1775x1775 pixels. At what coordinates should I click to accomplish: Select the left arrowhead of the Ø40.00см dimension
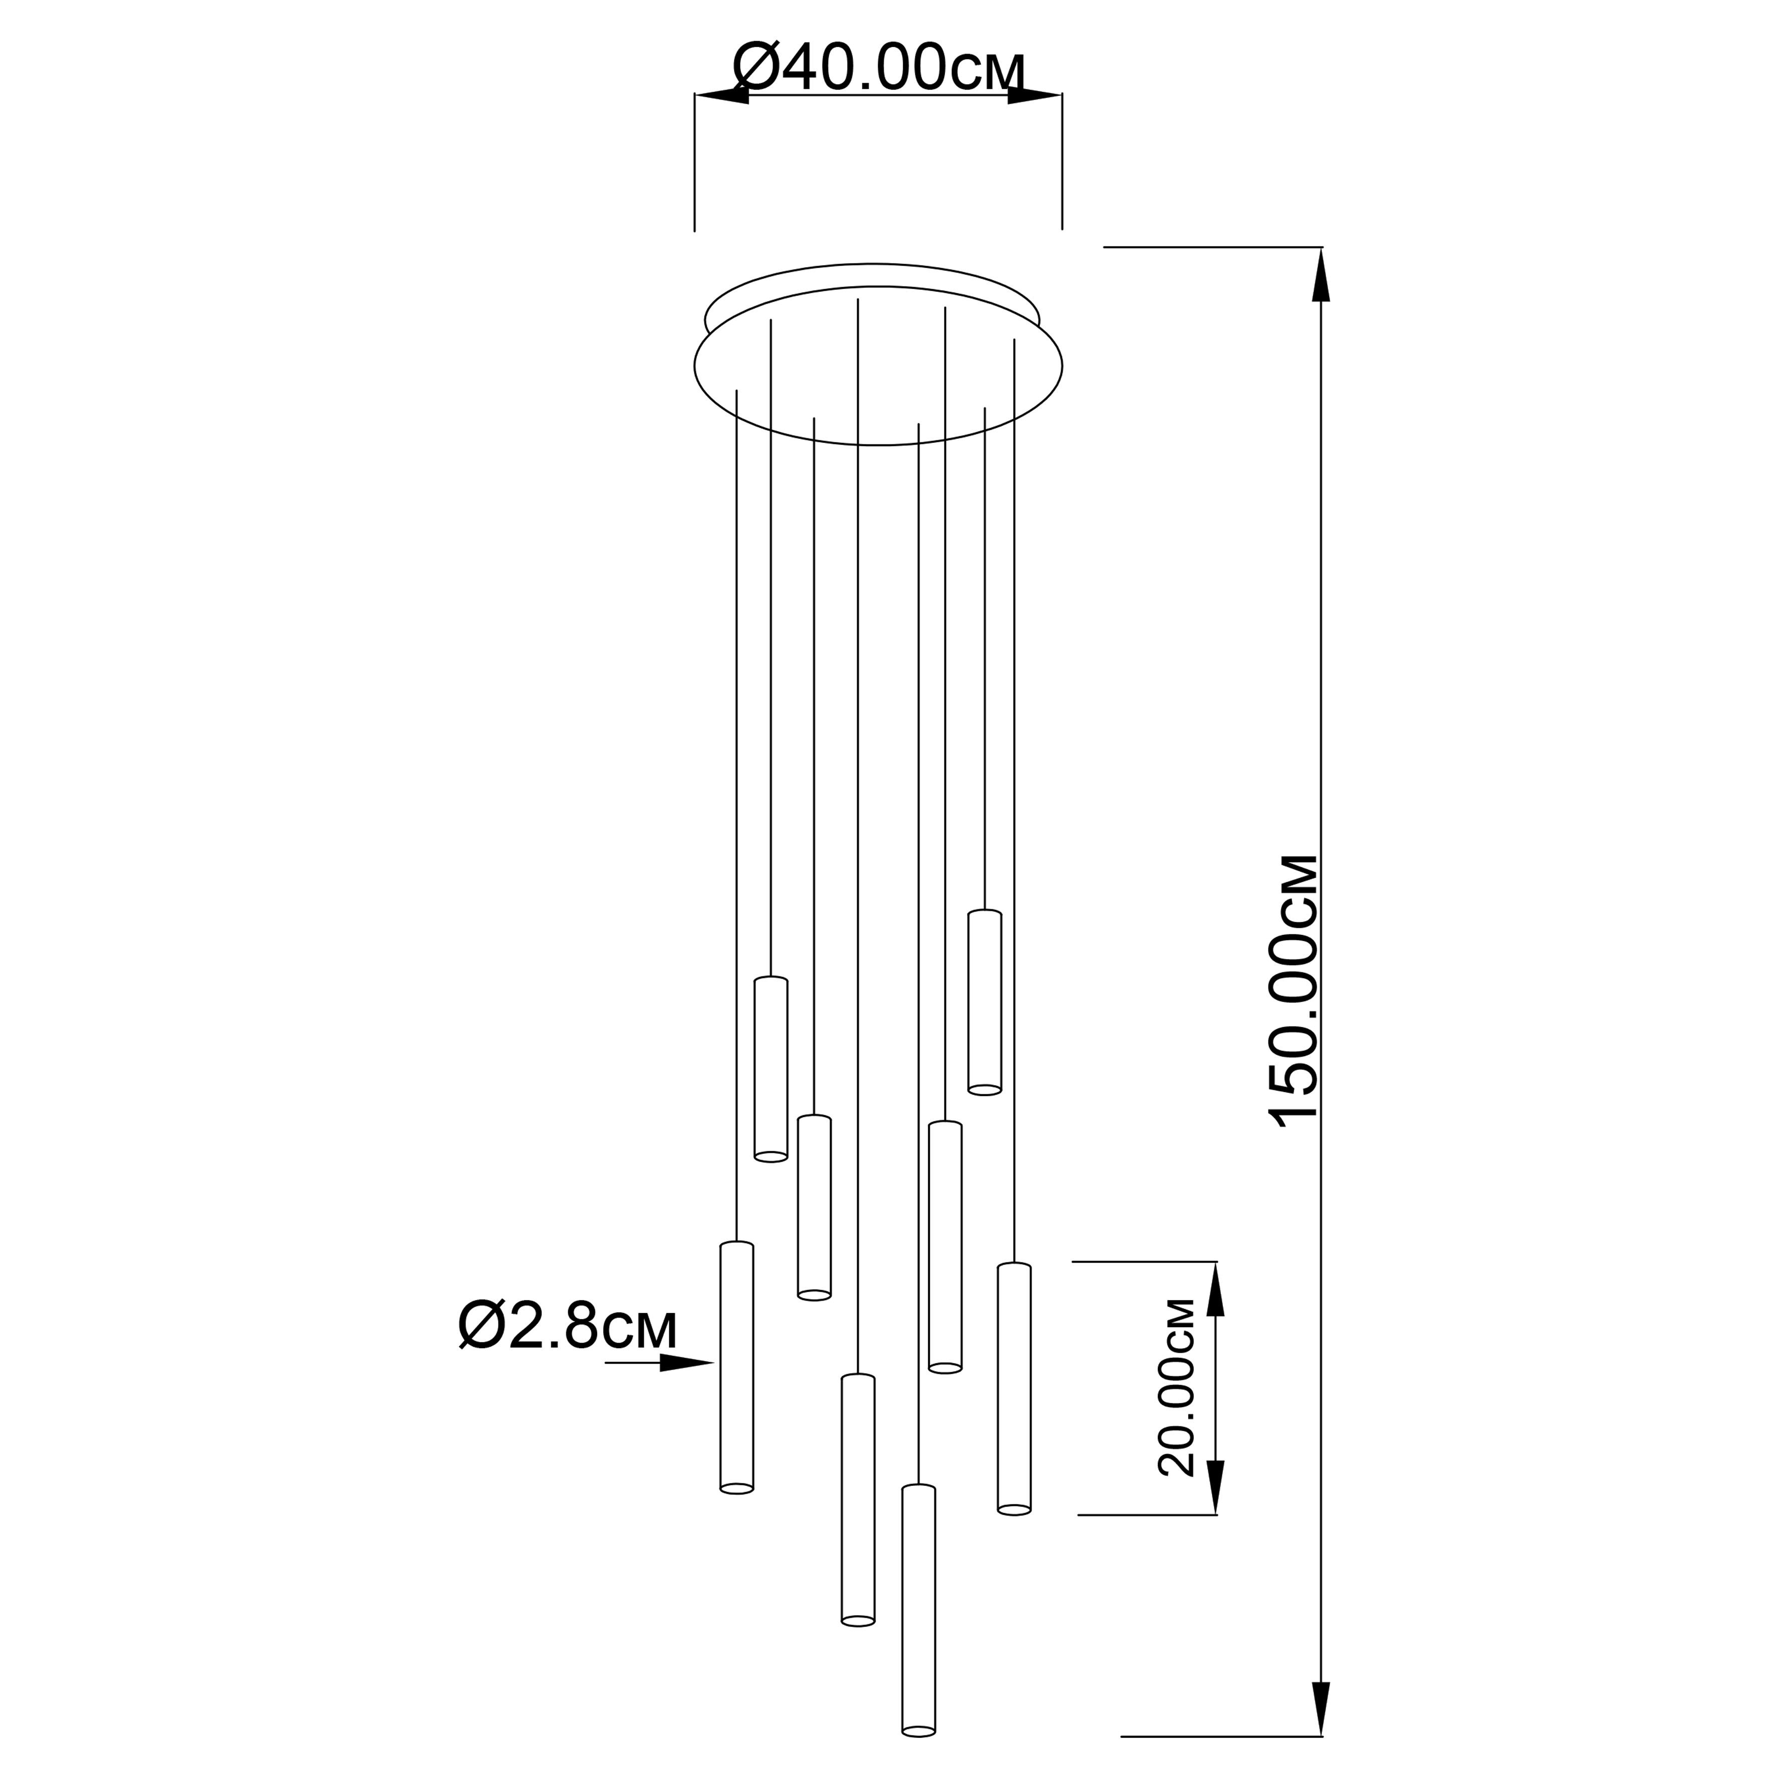tap(722, 96)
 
